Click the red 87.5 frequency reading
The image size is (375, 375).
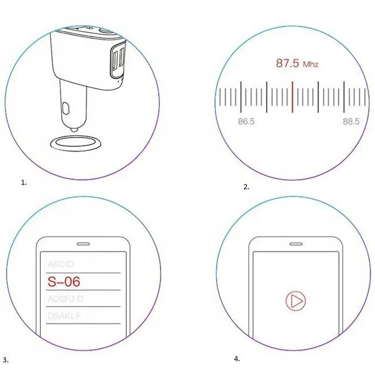point(287,63)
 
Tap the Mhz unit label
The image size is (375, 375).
point(310,64)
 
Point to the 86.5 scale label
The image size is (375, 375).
point(246,122)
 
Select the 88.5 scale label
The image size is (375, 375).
point(351,122)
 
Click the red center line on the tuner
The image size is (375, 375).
point(292,96)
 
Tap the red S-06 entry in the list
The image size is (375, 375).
point(63,281)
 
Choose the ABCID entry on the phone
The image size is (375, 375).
point(62,264)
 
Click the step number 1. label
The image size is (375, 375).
point(24,182)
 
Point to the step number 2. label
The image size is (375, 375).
point(246,187)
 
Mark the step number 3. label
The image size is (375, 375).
point(5,360)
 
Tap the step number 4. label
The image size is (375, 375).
point(237,358)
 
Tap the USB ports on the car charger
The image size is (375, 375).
point(117,59)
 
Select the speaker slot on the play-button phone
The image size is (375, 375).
point(295,244)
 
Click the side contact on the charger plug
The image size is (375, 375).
point(66,110)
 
